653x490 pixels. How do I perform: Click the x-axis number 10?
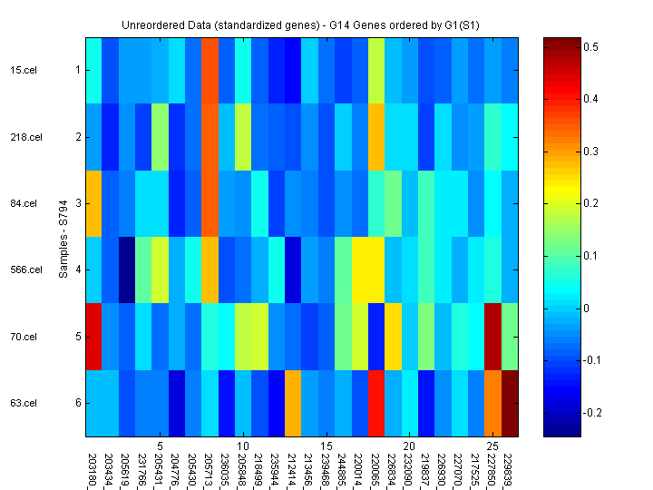[x=243, y=446]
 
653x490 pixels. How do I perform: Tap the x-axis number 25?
[x=492, y=446]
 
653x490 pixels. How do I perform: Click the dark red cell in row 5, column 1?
[x=94, y=337]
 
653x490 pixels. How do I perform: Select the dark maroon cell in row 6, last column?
[x=510, y=403]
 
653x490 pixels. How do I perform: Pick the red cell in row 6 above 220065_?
[x=376, y=403]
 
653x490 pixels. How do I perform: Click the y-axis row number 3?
[x=77, y=203]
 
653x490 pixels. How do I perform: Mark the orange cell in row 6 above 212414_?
[x=292, y=403]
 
